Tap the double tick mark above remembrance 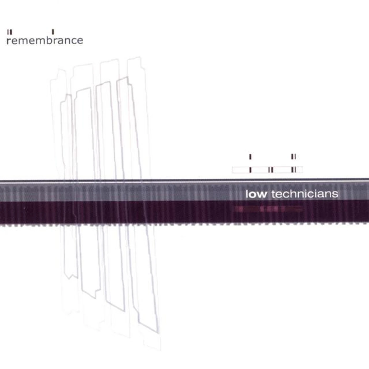coord(9,32)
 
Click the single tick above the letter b coord(53,32)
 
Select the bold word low coord(256,194)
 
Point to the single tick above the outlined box coord(250,157)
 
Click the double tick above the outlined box coord(294,157)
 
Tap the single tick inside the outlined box coord(250,170)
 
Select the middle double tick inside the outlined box coord(271,170)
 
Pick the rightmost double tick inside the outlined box coord(294,170)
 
